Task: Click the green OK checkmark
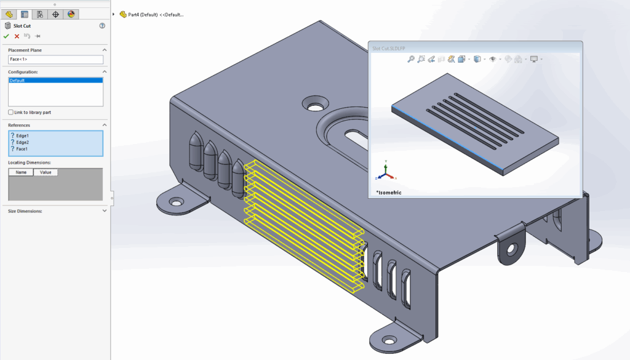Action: (6, 36)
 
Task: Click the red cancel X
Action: (17, 36)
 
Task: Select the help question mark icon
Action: (102, 26)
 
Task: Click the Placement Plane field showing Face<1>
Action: (55, 59)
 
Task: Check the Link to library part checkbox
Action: (10, 112)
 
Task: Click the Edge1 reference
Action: (22, 135)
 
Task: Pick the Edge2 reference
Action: (22, 142)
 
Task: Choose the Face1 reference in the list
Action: (22, 149)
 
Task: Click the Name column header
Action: (21, 172)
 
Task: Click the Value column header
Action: (46, 172)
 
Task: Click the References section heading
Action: (19, 125)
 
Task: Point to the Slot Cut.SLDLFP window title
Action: (389, 48)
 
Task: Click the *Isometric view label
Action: (389, 193)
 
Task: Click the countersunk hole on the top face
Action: (315, 106)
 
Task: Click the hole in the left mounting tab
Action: (177, 201)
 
